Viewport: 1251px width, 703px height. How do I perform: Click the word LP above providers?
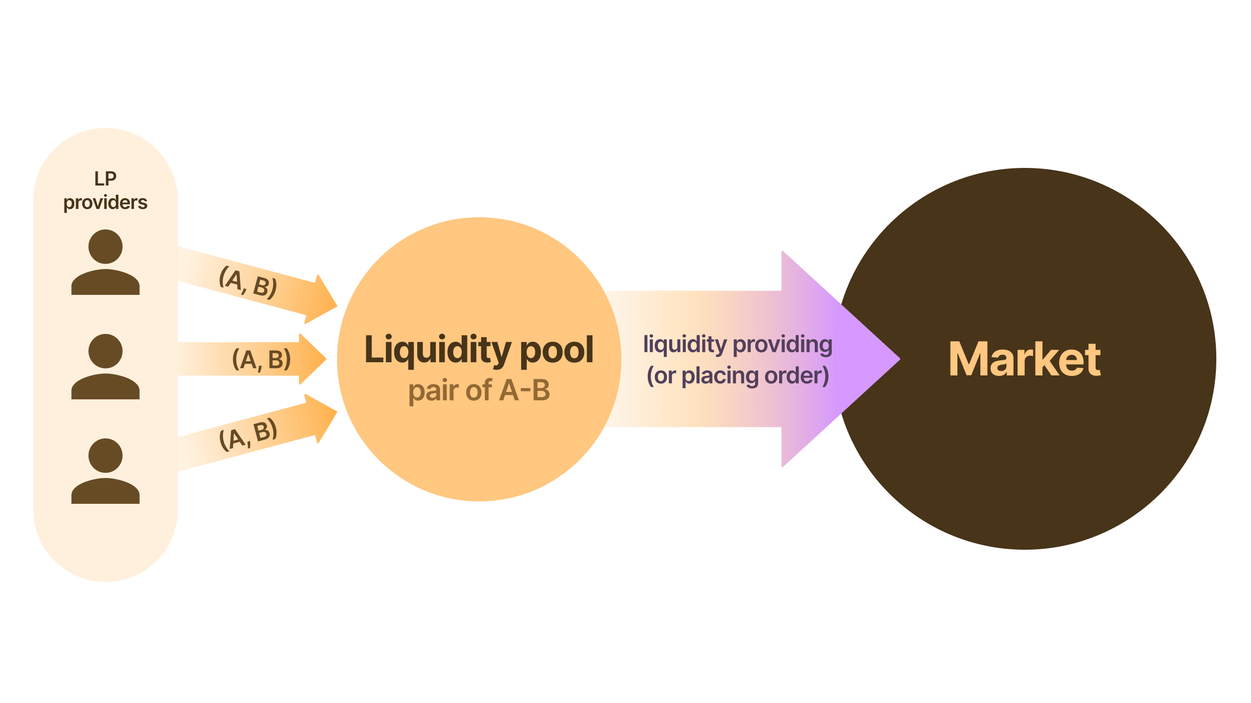pyautogui.click(x=105, y=179)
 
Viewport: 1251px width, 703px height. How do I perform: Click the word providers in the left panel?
pyautogui.click(x=105, y=203)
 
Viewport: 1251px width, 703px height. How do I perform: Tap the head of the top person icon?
pyautogui.click(x=105, y=247)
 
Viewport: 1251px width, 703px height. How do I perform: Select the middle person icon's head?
pyautogui.click(x=105, y=351)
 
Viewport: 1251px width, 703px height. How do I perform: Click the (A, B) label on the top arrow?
pyautogui.click(x=248, y=282)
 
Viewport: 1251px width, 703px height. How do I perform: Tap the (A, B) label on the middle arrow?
pyautogui.click(x=261, y=360)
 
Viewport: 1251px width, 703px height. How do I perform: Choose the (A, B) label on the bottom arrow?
pyautogui.click(x=248, y=434)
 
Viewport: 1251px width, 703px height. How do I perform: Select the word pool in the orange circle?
pyautogui.click(x=557, y=350)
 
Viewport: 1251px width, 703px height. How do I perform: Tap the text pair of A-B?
pyautogui.click(x=479, y=391)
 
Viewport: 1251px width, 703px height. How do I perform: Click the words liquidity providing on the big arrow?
pyautogui.click(x=738, y=344)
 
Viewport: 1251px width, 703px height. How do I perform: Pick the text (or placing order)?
pyautogui.click(x=738, y=376)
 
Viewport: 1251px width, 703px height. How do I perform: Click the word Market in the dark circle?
pyautogui.click(x=1024, y=360)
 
